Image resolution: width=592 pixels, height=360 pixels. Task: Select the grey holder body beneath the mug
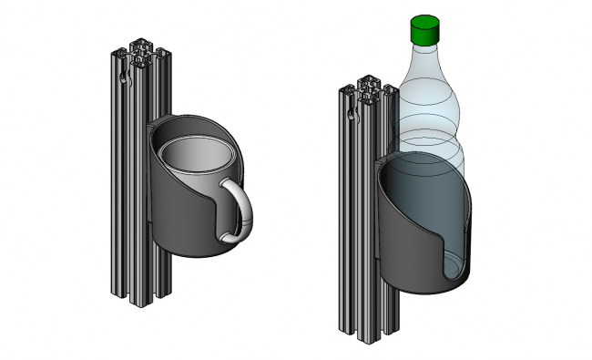178,223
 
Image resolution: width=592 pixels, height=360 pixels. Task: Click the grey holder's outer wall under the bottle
405,255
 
